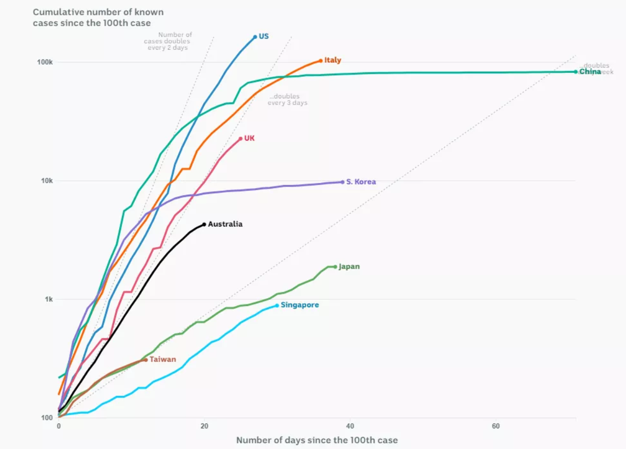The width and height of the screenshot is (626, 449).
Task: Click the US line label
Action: (263, 36)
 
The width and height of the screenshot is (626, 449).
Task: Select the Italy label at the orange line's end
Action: (332, 60)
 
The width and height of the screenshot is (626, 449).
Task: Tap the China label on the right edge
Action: (590, 72)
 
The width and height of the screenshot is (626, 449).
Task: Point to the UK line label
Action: (249, 138)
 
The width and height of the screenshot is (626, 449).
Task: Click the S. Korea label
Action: (361, 182)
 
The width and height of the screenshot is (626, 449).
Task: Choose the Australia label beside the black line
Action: (225, 224)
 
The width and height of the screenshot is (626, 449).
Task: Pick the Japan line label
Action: (349, 267)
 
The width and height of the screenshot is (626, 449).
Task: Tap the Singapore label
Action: (300, 305)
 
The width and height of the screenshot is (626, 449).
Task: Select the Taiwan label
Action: (162, 359)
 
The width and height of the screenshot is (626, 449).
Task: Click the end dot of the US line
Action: (255, 37)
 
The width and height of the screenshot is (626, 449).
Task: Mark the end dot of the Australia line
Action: (204, 224)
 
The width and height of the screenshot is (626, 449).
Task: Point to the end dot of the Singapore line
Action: (277, 305)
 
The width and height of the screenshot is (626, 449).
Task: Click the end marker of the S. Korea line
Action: (342, 182)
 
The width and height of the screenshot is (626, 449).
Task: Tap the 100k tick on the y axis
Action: (46, 62)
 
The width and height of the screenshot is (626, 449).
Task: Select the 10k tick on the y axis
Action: (48, 181)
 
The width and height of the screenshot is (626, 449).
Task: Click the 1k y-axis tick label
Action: (49, 299)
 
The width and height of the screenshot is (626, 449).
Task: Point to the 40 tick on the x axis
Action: (350, 426)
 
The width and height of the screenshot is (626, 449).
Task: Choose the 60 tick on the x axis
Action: (495, 426)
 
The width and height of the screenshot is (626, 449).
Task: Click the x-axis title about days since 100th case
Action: (317, 440)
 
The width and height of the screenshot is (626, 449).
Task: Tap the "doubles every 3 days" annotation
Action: (287, 99)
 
